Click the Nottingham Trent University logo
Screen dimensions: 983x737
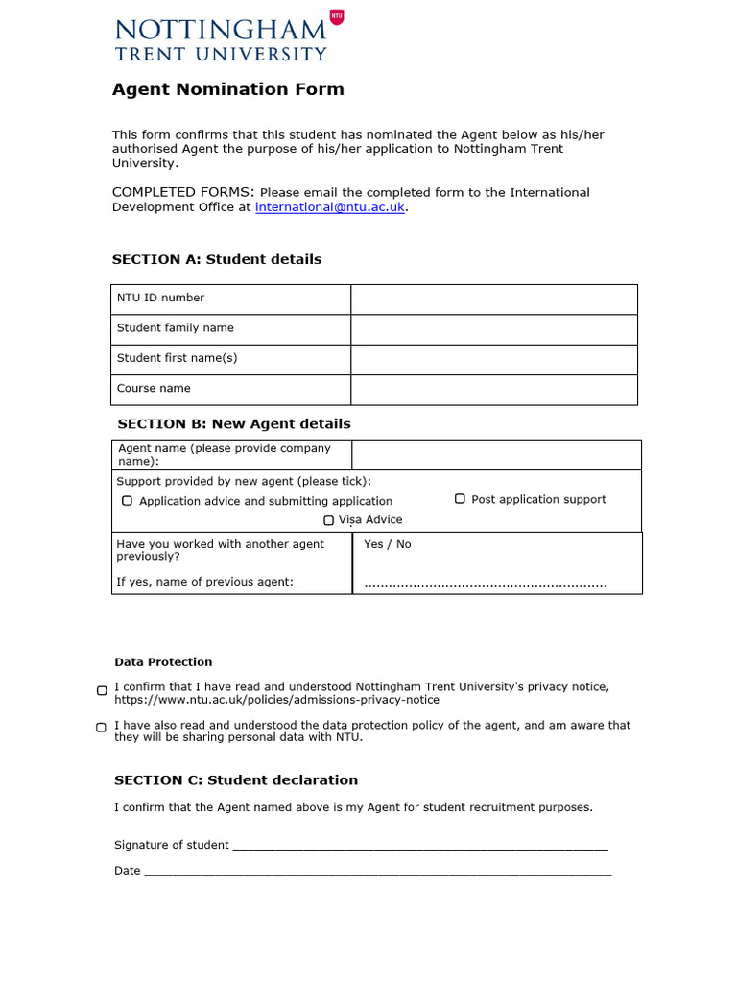coord(228,37)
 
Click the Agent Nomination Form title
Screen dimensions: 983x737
coord(227,89)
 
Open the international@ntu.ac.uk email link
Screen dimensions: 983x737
coord(329,206)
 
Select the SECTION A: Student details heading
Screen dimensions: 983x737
coord(217,259)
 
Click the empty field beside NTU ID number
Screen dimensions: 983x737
coord(493,299)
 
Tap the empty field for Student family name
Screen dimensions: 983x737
coord(493,328)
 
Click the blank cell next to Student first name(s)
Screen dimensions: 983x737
coord(493,359)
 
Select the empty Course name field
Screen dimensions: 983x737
coord(493,389)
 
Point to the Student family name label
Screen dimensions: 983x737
coord(176,328)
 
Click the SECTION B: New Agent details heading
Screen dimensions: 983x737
coord(233,423)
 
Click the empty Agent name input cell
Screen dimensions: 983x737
coord(496,454)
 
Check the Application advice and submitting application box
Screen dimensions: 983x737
coord(127,501)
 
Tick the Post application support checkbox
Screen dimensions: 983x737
coord(460,499)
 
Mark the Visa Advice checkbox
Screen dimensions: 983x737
coord(328,520)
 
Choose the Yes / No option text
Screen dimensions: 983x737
coord(388,544)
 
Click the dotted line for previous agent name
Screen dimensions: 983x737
coord(485,583)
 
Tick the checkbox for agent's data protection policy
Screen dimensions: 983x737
coord(102,728)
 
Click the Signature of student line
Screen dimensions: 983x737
coord(420,847)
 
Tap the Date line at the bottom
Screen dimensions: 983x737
coord(376,873)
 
